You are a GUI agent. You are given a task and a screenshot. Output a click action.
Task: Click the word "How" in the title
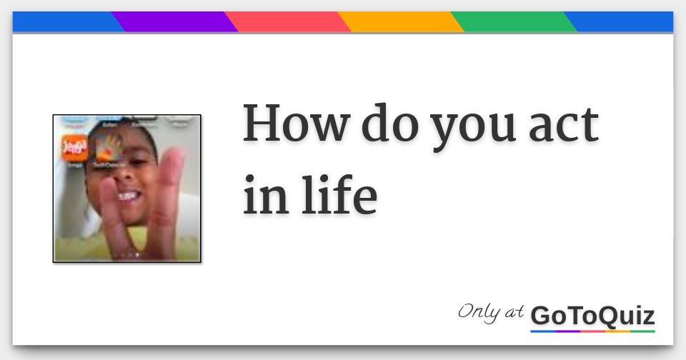(294, 124)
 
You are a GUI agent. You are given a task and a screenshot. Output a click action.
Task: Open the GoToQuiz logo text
(592, 315)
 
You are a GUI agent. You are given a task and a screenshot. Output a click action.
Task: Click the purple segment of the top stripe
(175, 22)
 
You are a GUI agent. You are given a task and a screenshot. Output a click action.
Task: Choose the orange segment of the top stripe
(401, 22)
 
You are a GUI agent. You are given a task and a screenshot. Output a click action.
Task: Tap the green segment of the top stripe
(514, 22)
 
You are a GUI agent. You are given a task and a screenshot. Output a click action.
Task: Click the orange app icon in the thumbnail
(74, 147)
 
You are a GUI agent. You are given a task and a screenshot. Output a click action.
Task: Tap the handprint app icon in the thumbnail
(109, 149)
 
